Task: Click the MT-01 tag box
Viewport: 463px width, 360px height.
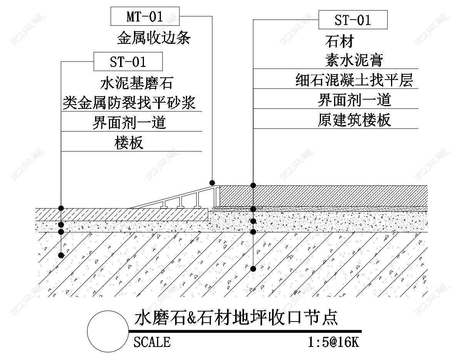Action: click(145, 17)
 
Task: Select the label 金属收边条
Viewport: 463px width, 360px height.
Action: click(154, 38)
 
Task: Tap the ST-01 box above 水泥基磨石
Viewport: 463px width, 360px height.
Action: click(128, 62)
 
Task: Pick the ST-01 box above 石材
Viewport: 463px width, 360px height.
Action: click(353, 20)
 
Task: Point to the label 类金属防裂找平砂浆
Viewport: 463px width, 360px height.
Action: click(129, 102)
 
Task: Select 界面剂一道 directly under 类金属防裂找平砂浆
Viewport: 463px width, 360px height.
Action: click(129, 122)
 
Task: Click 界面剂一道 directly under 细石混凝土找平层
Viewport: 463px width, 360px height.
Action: click(354, 100)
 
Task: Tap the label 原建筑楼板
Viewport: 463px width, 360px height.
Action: click(354, 120)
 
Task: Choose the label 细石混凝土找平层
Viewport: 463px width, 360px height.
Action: click(354, 80)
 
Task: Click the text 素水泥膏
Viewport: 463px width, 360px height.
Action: click(354, 60)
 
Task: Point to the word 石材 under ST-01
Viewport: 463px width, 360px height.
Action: click(339, 41)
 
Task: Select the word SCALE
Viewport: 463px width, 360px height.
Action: click(152, 342)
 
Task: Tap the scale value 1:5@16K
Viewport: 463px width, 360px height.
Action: click(333, 342)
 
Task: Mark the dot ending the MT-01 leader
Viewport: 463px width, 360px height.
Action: click(212, 182)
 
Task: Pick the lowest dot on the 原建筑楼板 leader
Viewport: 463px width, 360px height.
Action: click(253, 269)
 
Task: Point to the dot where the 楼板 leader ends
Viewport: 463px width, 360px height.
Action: click(61, 255)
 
